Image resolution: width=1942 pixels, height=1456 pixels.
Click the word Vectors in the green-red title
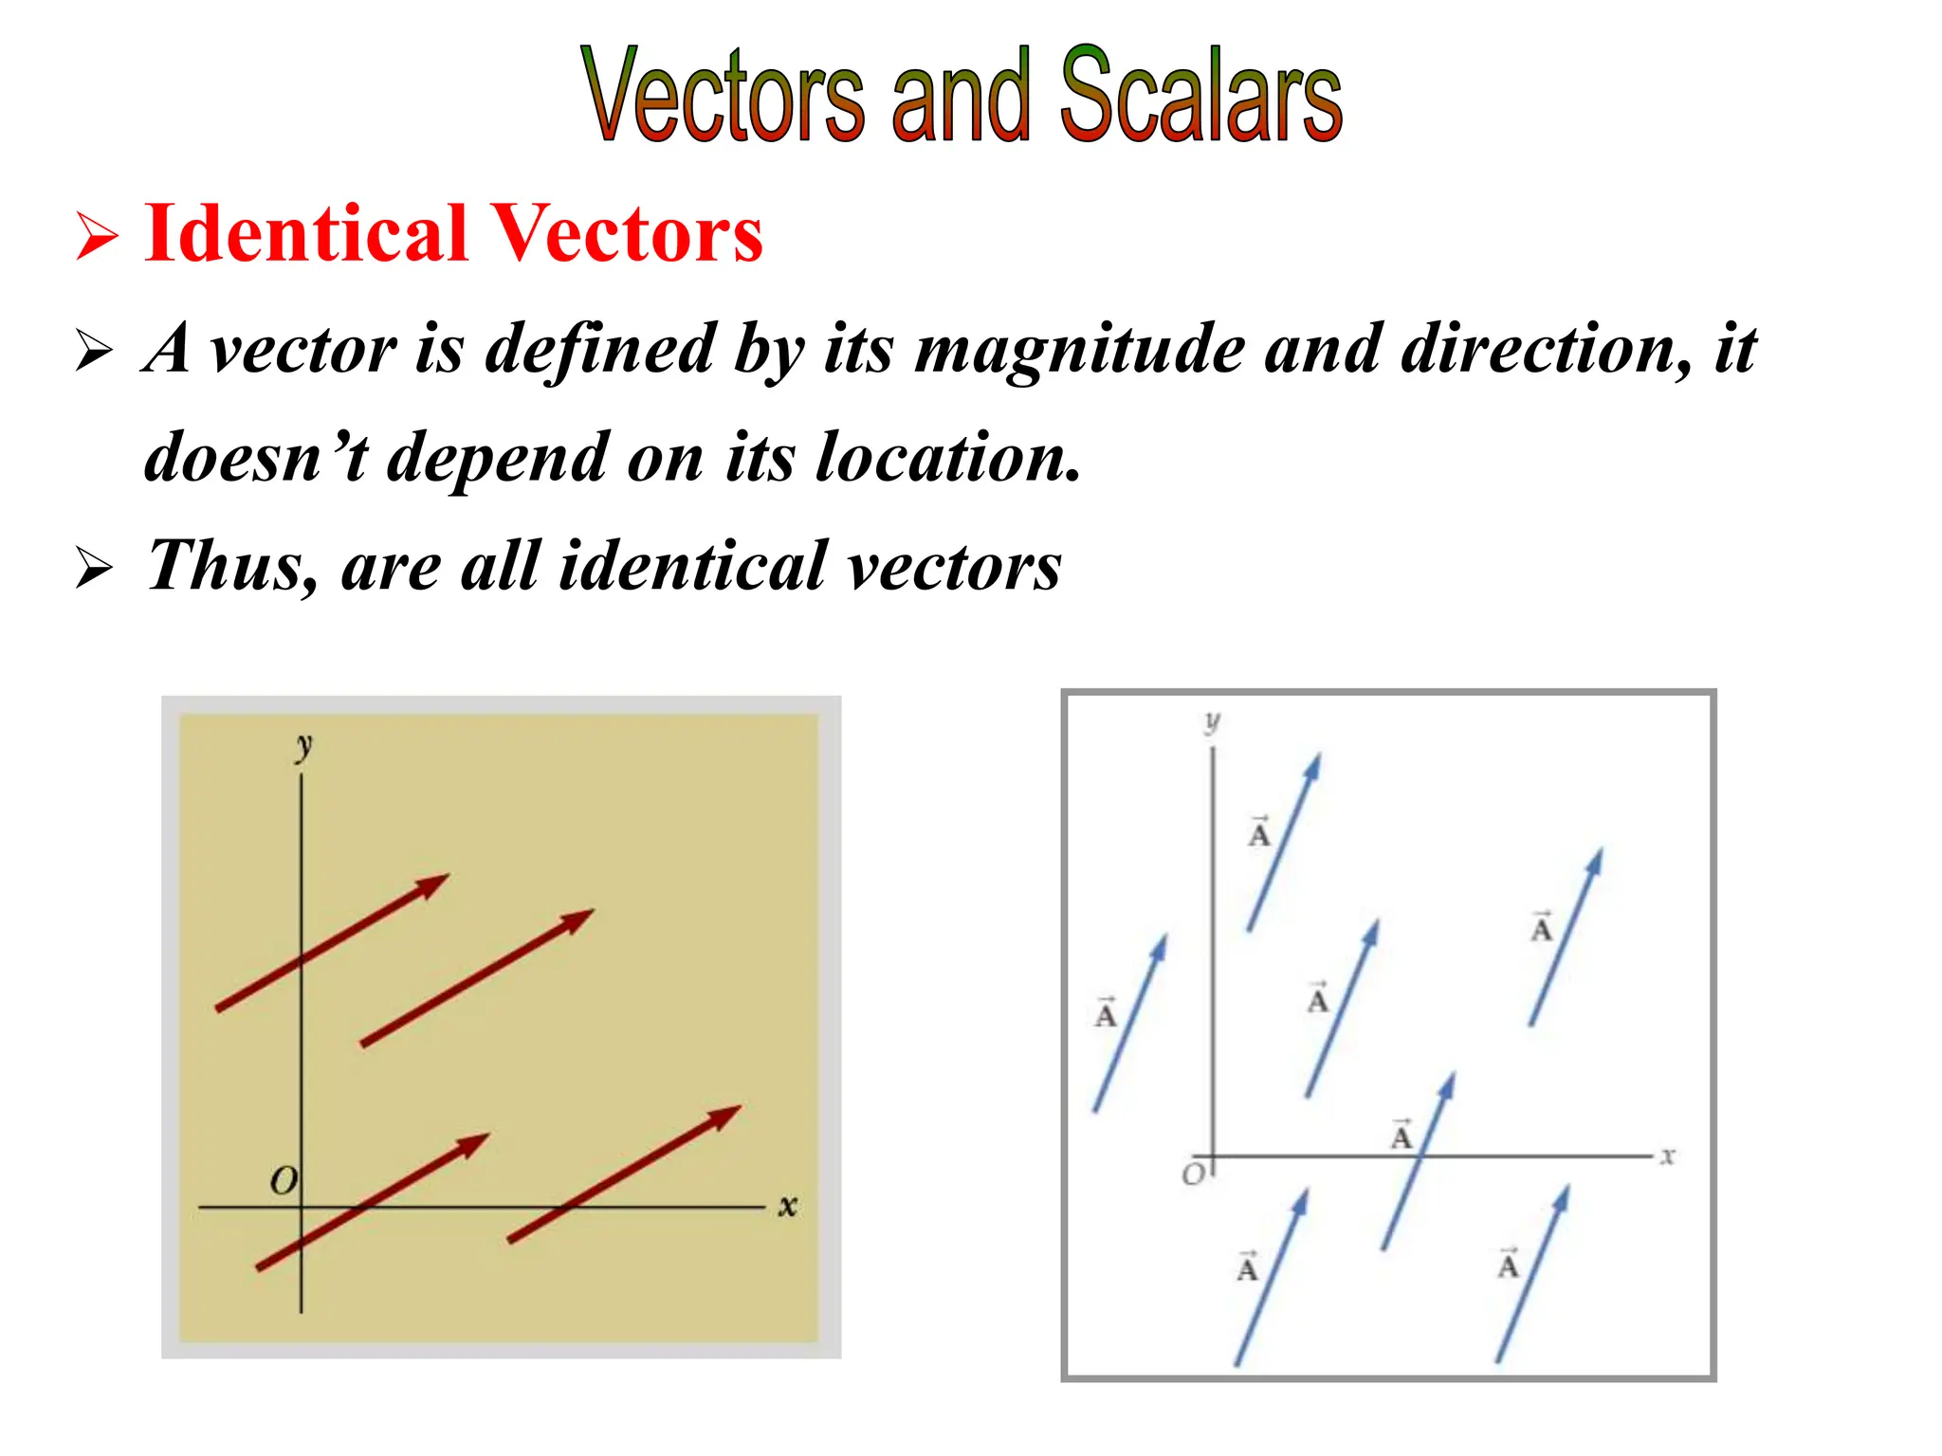(x=723, y=95)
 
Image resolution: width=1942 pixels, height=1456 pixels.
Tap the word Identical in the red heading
(x=306, y=234)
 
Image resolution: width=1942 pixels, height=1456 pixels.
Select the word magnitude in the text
(x=1080, y=350)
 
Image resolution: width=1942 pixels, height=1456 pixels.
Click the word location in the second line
(x=947, y=458)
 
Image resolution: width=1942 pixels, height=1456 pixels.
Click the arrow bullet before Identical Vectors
(x=97, y=236)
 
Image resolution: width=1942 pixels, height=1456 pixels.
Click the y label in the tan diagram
(x=303, y=746)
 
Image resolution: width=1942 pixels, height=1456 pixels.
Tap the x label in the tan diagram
(x=787, y=1206)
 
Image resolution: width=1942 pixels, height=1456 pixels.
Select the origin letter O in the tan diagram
(x=284, y=1181)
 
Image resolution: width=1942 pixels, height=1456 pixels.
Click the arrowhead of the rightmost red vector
(x=725, y=1115)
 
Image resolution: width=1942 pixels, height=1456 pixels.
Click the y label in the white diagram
(x=1212, y=722)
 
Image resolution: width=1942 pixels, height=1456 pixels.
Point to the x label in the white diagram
(x=1668, y=1156)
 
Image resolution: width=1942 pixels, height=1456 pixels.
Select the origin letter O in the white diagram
(x=1192, y=1175)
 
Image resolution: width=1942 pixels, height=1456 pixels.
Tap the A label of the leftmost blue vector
(x=1106, y=1013)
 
